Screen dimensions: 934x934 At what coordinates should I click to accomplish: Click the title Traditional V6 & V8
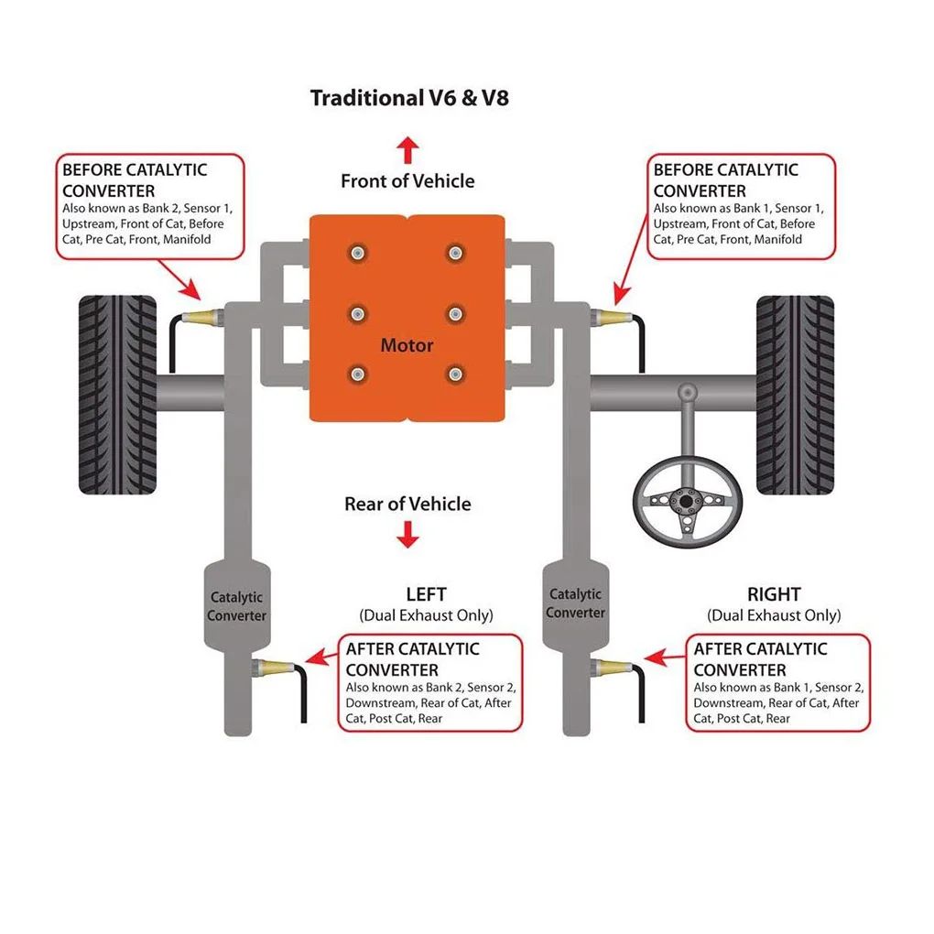(x=409, y=98)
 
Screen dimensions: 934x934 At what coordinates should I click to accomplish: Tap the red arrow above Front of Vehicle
(x=407, y=150)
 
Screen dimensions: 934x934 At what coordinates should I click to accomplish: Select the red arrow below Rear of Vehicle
(x=407, y=535)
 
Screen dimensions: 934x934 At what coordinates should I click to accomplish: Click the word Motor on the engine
(x=407, y=345)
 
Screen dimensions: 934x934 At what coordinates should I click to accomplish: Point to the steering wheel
(x=688, y=502)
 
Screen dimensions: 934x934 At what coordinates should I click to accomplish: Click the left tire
(x=118, y=395)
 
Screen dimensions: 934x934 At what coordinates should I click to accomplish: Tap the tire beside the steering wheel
(x=795, y=395)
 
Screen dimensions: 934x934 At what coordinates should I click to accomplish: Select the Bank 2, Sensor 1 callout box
(x=150, y=207)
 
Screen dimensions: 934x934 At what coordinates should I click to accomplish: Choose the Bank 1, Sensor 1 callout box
(x=741, y=207)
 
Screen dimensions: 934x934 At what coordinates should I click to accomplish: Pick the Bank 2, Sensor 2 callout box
(x=430, y=682)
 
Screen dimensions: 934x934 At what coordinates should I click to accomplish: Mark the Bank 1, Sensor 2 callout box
(x=778, y=682)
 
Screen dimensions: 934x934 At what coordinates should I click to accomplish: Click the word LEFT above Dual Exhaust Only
(x=426, y=594)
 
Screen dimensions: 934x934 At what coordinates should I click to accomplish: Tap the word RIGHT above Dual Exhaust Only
(x=774, y=594)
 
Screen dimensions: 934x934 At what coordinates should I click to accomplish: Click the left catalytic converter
(x=237, y=606)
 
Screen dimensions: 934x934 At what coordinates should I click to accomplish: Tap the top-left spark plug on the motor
(x=357, y=253)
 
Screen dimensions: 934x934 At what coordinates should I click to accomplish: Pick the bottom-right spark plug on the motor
(x=456, y=375)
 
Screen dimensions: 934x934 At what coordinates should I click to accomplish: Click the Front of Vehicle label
(x=407, y=181)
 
